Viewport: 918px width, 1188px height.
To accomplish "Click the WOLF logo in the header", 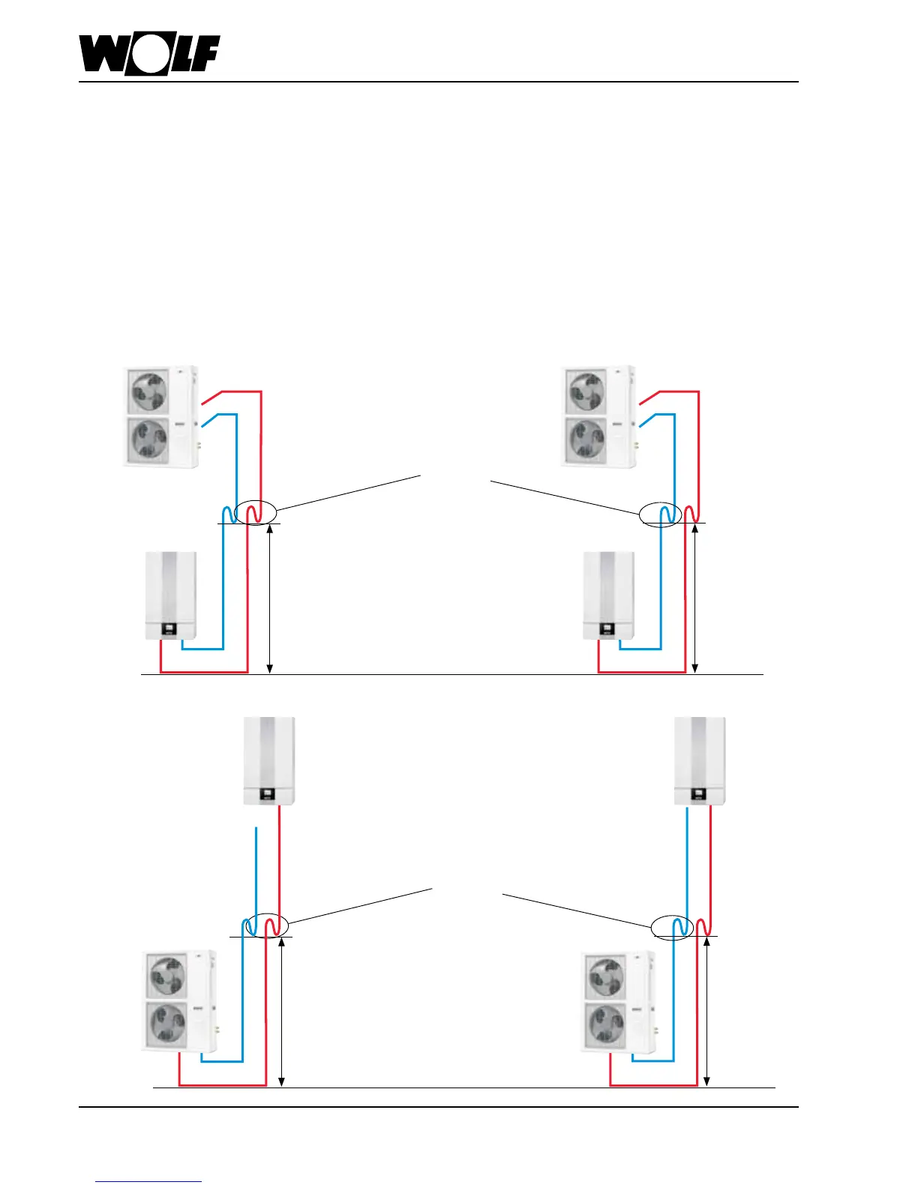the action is (149, 54).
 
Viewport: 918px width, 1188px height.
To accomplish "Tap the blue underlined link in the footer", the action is (148, 1181).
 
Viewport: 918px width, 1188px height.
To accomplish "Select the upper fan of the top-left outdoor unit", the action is (148, 391).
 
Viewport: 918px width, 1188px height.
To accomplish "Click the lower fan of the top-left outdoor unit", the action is (148, 439).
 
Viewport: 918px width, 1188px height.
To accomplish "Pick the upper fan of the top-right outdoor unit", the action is (586, 391).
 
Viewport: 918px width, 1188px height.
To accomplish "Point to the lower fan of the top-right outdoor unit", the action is (586, 439).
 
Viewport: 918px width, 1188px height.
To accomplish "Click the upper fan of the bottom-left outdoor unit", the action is (167, 976).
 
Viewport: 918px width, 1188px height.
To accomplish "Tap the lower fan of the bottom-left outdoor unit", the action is (167, 1024).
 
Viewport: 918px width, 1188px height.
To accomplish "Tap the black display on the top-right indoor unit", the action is (607, 629).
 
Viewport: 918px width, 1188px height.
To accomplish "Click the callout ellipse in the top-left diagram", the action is (255, 513).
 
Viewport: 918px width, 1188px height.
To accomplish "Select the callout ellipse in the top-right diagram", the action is (660, 514).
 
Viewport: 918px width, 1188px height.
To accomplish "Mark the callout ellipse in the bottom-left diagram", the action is (267, 925).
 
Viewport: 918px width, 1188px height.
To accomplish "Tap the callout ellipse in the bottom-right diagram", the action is (671, 927).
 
